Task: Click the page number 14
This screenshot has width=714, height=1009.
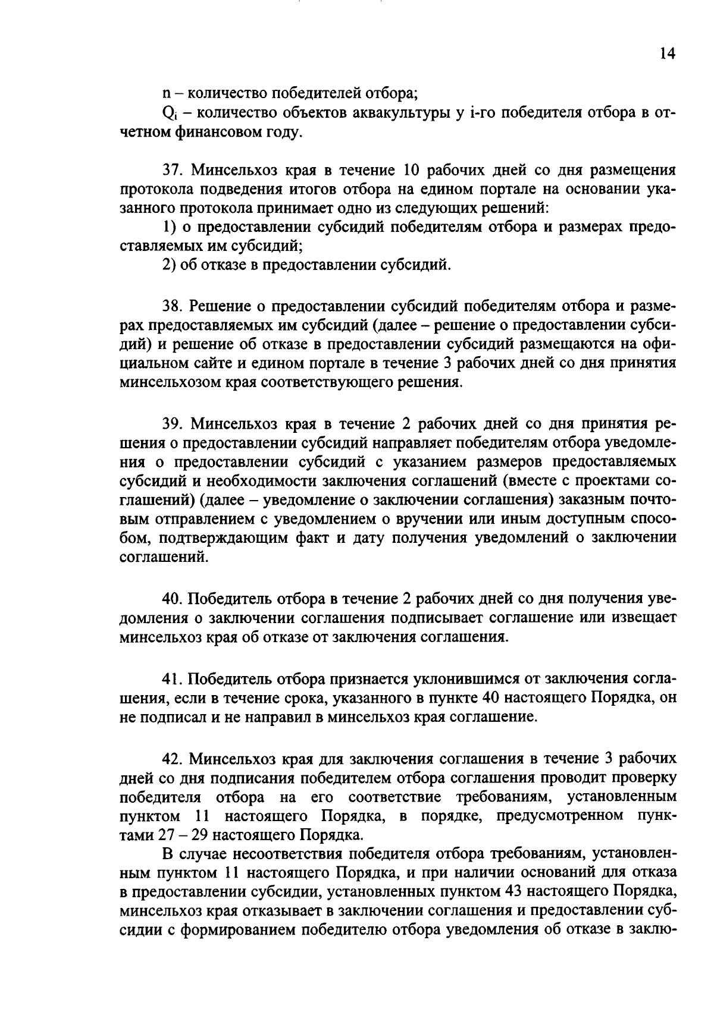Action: click(x=668, y=54)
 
